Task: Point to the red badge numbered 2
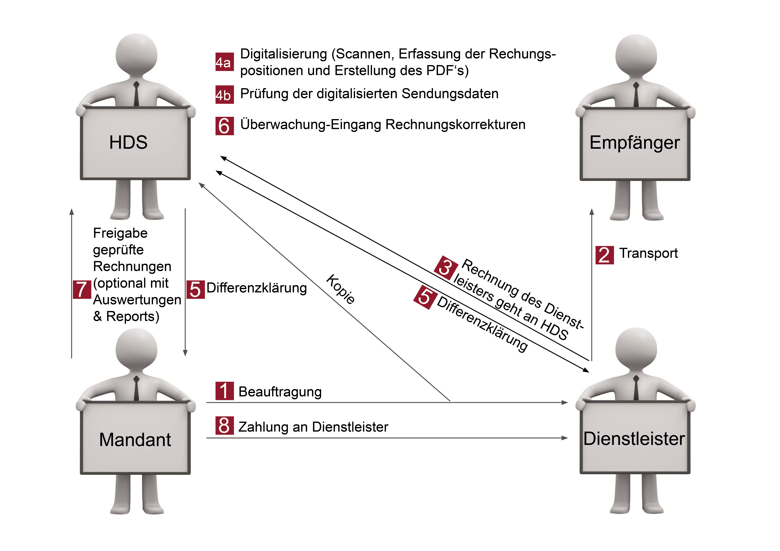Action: (x=604, y=255)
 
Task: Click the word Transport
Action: (x=648, y=253)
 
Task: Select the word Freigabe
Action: (x=120, y=233)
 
